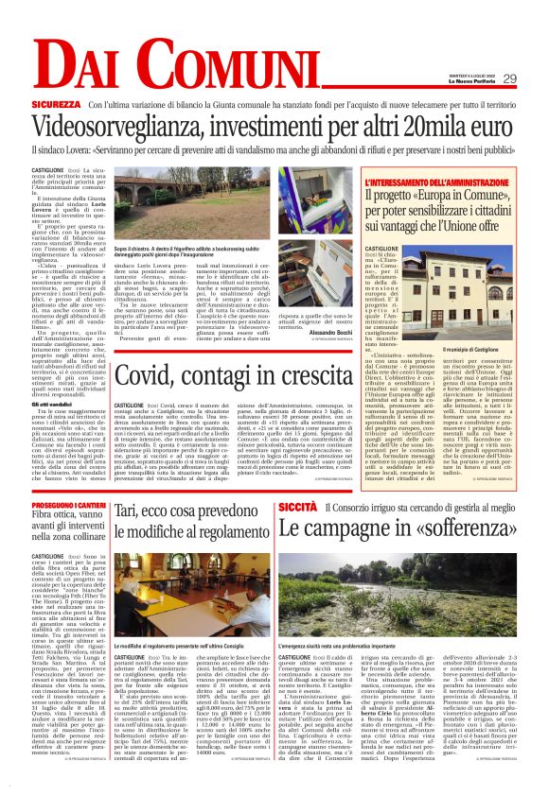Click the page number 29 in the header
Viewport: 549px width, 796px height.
509,78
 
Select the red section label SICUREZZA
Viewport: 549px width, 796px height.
54,103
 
